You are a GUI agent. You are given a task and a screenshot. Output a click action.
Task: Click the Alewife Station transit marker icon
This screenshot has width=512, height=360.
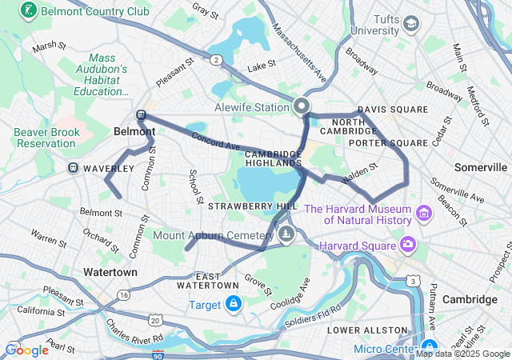tap(302, 106)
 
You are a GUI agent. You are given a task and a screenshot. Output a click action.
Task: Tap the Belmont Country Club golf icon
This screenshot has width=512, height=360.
tap(29, 11)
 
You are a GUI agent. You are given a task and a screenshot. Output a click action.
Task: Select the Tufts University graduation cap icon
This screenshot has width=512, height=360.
tap(411, 24)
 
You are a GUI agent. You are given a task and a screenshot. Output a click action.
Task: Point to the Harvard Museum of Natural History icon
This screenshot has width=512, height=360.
tap(423, 214)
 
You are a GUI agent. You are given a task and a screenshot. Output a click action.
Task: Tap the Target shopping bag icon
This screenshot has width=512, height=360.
tap(233, 304)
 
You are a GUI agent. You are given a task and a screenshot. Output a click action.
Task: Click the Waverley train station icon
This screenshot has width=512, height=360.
tap(74, 169)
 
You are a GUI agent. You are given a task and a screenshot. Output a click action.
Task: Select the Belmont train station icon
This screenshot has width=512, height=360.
tap(142, 115)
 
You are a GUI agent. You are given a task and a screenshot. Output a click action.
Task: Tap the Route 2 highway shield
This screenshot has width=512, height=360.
tap(216, 59)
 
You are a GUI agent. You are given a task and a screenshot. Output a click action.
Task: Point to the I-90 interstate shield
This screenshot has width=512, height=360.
tap(158, 353)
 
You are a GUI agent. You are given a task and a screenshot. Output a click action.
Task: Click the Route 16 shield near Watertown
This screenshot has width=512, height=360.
tap(123, 295)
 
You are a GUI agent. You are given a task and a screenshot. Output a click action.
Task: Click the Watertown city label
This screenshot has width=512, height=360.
tap(110, 272)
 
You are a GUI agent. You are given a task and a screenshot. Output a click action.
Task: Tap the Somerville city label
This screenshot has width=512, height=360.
tap(480, 167)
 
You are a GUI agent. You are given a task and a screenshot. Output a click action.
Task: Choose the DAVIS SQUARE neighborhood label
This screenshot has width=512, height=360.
tap(393, 110)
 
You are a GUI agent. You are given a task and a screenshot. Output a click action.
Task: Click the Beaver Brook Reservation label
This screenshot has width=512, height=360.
tap(45, 137)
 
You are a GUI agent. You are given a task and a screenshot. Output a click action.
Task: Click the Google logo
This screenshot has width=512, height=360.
tap(26, 350)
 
